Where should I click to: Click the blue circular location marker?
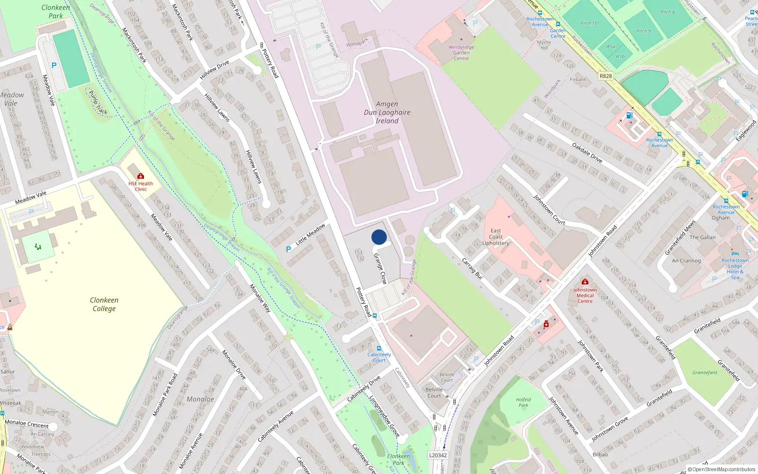click(379, 237)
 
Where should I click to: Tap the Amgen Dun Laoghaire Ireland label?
click(387, 112)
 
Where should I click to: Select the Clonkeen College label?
click(104, 304)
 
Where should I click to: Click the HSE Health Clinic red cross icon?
click(141, 176)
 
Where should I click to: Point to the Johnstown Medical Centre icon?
click(585, 282)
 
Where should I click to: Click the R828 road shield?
click(605, 76)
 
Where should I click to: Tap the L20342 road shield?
click(438, 455)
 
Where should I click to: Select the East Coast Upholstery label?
click(496, 237)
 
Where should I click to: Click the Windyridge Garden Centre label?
click(461, 53)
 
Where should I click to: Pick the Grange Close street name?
click(380, 269)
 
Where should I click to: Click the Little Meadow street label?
click(310, 234)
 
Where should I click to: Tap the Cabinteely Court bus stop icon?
click(379, 348)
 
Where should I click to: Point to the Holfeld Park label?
click(523, 402)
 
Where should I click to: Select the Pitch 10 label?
click(589, 23)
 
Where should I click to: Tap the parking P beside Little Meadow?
click(288, 249)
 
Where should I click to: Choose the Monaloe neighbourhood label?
click(200, 399)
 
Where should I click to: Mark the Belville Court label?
click(434, 392)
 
